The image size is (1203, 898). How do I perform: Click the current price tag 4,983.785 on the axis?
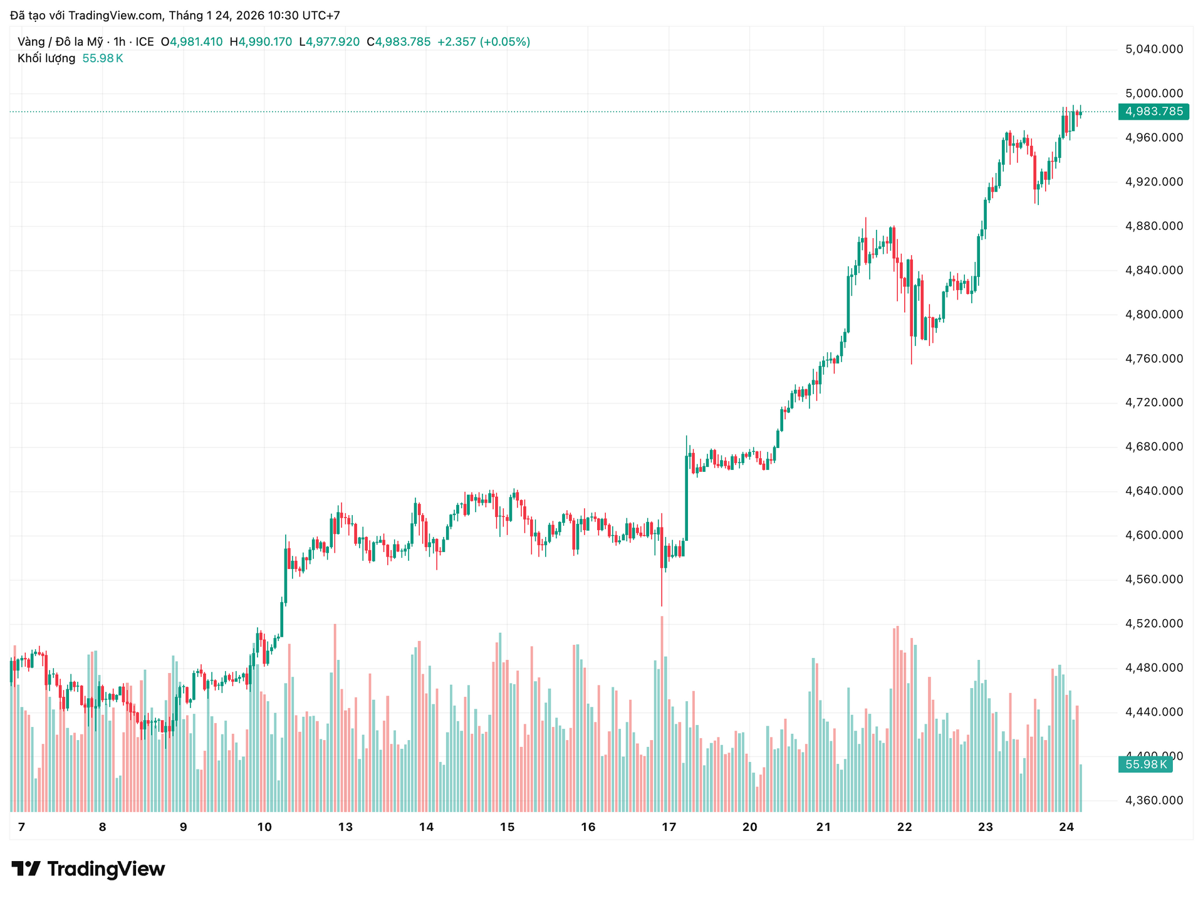click(x=1154, y=112)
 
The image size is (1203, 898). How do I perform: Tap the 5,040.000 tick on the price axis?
click(x=1154, y=49)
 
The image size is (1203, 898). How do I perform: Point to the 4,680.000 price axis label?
click(x=1154, y=447)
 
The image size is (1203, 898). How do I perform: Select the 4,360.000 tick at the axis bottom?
click(x=1154, y=800)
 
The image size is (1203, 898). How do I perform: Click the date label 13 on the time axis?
click(x=345, y=827)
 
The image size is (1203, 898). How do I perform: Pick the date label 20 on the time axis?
click(x=749, y=827)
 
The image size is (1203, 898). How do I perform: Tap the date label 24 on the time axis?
click(x=1066, y=827)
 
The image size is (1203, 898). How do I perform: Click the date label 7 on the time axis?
click(x=21, y=827)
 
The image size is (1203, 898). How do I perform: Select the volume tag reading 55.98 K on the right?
click(x=1145, y=765)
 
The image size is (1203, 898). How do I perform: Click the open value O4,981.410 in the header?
click(x=192, y=42)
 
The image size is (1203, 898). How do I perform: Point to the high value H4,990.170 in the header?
click(x=261, y=42)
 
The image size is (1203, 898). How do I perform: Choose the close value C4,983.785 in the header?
click(x=398, y=42)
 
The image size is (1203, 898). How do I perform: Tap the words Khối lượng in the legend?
click(x=46, y=58)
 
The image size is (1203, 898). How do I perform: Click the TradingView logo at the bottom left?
click(x=88, y=869)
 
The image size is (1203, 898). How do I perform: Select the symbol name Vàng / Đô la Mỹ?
click(x=60, y=42)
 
